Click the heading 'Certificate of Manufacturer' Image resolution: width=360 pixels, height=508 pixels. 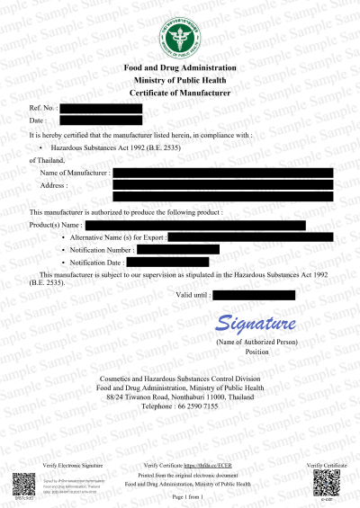pos(180,93)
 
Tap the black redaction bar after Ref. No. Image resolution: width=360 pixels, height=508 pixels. pos(101,108)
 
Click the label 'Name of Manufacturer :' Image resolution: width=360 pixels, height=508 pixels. pos(76,172)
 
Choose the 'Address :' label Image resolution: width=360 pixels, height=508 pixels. pos(54,184)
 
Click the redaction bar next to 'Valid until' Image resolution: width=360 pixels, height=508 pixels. pos(254,295)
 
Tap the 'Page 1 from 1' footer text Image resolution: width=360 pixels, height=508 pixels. pos(181,495)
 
